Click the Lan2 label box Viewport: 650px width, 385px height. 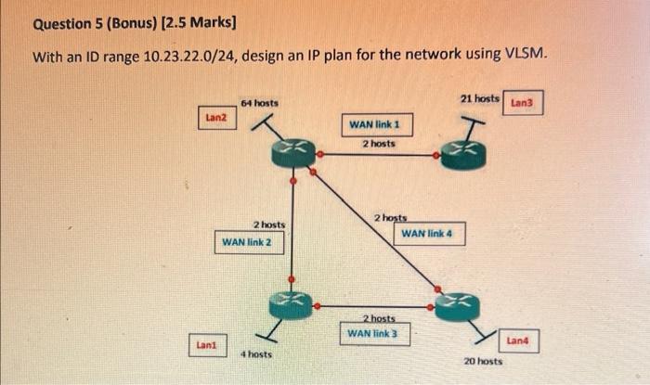point(215,118)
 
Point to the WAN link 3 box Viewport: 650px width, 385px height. point(372,332)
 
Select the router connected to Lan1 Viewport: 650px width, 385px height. point(291,303)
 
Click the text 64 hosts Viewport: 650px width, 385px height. point(259,102)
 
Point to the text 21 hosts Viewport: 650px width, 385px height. point(480,97)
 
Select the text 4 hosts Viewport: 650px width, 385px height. point(256,354)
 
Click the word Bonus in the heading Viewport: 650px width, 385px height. point(135,20)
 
